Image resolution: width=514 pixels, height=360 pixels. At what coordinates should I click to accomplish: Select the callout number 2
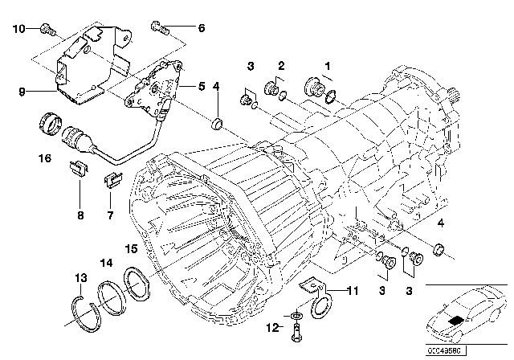coord(282,63)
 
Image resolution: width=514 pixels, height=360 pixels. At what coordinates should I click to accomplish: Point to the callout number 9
coord(12,92)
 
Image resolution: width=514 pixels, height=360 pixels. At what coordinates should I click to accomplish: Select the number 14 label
coord(106,262)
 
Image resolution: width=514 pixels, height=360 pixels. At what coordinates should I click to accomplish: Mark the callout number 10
coord(19,29)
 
